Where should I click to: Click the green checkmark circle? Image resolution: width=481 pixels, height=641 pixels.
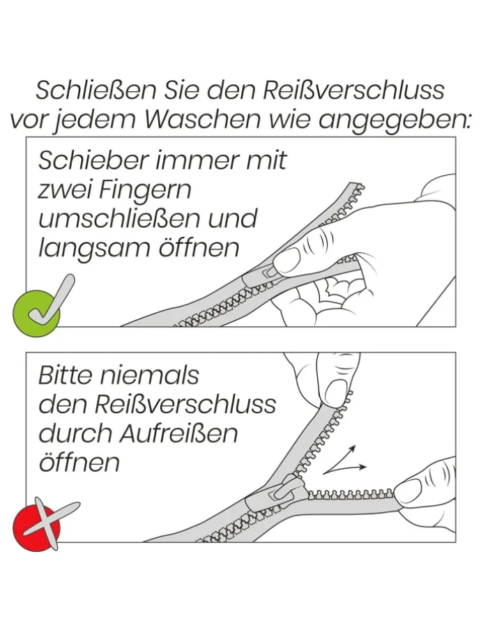pos(36,313)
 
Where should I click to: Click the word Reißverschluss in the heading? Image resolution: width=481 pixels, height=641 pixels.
pos(353,91)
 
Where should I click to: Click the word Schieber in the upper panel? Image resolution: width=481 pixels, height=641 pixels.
pos(93,160)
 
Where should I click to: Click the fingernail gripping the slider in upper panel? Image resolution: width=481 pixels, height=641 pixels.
pos(286,261)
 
